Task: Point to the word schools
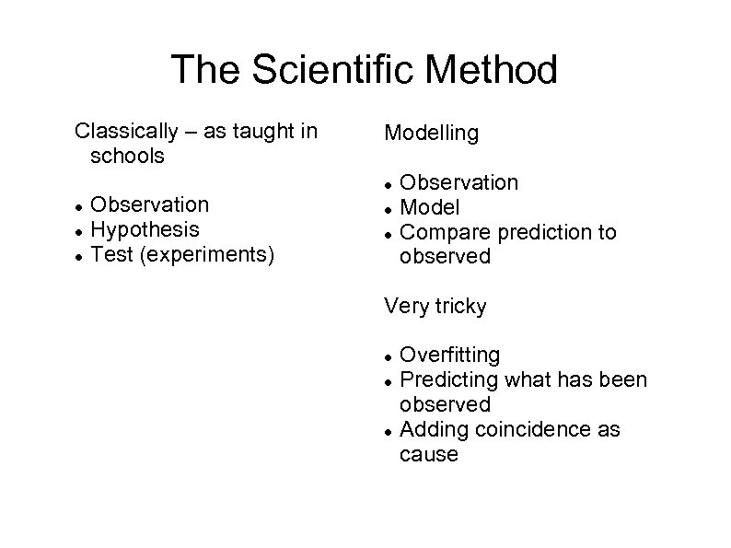pyautogui.click(x=128, y=157)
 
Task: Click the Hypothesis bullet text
pyautogui.click(x=145, y=228)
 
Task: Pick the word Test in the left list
pyautogui.click(x=110, y=253)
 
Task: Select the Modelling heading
pyautogui.click(x=431, y=134)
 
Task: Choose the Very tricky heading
pyautogui.click(x=435, y=307)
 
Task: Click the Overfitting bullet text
pyautogui.click(x=450, y=355)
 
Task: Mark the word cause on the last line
pyautogui.click(x=428, y=454)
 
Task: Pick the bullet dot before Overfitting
pyautogui.click(x=389, y=356)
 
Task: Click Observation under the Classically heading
pyautogui.click(x=150, y=204)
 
